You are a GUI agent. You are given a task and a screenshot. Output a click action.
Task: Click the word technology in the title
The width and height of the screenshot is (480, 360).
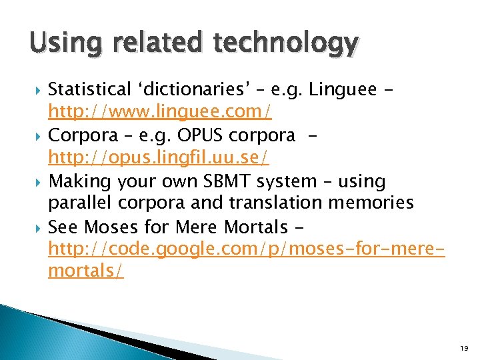tap(286, 45)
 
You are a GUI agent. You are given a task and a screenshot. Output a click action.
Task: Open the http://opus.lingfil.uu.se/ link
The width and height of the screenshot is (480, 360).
tap(158, 158)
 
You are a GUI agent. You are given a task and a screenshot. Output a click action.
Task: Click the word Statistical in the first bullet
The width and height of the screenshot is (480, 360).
tap(90, 89)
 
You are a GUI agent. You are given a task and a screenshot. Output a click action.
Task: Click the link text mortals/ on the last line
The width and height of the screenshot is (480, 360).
tap(85, 271)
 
